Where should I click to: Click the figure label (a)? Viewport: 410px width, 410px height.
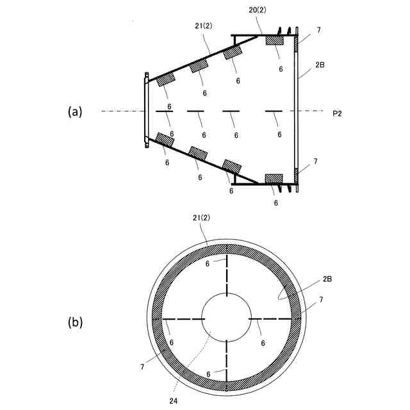point(76,111)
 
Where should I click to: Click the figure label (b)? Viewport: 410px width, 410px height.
point(76,322)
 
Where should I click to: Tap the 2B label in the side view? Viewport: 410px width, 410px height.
point(319,66)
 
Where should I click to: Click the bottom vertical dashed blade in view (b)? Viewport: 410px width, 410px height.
point(226,365)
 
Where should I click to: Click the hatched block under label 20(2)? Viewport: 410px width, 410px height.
point(276,40)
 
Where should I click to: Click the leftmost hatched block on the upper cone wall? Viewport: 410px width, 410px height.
point(167,79)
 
